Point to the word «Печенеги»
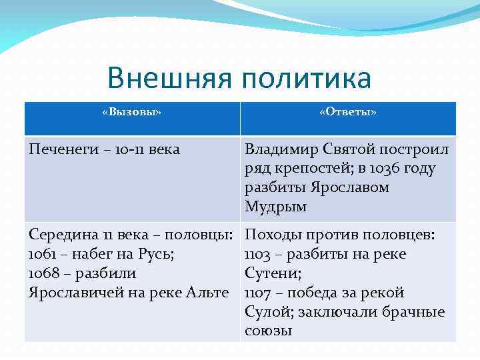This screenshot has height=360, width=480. [x=60, y=149]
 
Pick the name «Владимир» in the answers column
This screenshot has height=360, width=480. [x=279, y=149]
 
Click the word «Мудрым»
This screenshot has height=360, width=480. [x=276, y=207]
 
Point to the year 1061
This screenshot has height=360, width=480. [x=42, y=255]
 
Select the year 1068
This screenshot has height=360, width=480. [x=42, y=274]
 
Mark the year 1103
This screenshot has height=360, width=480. [x=258, y=255]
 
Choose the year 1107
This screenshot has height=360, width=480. [x=258, y=293]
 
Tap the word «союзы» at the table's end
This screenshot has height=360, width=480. [x=269, y=331]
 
